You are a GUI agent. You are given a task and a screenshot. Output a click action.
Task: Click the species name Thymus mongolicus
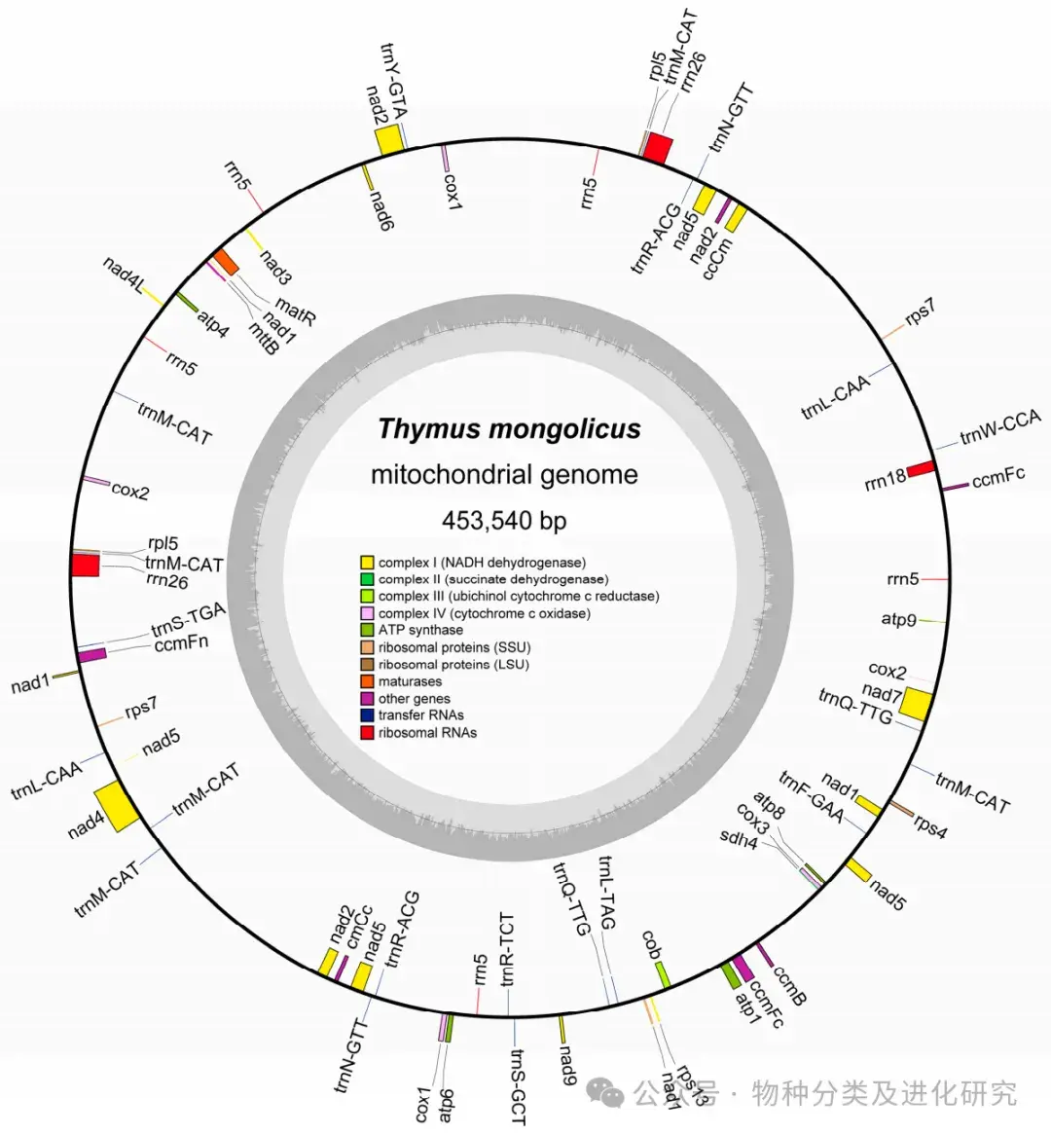[x=509, y=429]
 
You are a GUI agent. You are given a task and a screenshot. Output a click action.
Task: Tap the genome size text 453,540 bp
[x=504, y=521]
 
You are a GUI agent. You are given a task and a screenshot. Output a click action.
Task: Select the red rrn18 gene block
[x=921, y=471]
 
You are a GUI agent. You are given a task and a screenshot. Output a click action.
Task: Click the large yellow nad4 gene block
[x=120, y=805]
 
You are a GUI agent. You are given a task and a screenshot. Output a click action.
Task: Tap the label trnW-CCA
[x=999, y=427]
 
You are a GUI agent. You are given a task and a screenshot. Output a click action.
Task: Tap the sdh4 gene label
[x=739, y=838]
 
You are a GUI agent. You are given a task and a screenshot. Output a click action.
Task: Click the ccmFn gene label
[x=181, y=642]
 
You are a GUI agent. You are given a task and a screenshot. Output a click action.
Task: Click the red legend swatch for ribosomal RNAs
[x=367, y=733]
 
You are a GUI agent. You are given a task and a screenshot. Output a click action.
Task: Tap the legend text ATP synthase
[x=420, y=631]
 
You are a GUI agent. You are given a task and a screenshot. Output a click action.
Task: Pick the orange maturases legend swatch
[x=367, y=681]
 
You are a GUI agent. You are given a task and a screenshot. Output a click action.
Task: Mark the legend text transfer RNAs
[x=421, y=715]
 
